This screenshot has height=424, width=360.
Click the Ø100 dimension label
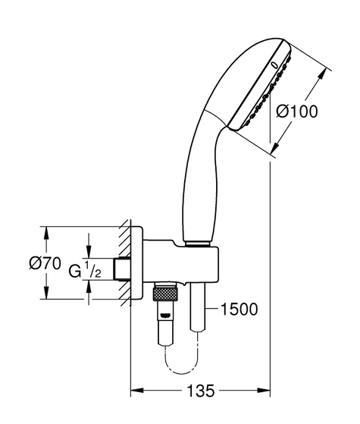pyautogui.click(x=297, y=111)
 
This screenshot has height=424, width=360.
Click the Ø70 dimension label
pyautogui.click(x=45, y=263)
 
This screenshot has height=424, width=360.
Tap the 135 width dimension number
pyautogui.click(x=200, y=391)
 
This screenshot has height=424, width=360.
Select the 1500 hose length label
pyautogui.click(x=239, y=309)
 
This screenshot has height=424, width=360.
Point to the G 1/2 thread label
pyautogui.click(x=85, y=269)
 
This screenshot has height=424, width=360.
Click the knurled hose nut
pyautogui.click(x=165, y=294)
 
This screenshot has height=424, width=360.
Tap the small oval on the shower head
pyautogui.click(x=274, y=65)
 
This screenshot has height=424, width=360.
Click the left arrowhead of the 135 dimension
pyautogui.click(x=136, y=391)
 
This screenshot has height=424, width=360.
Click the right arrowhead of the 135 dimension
pyautogui.click(x=264, y=391)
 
